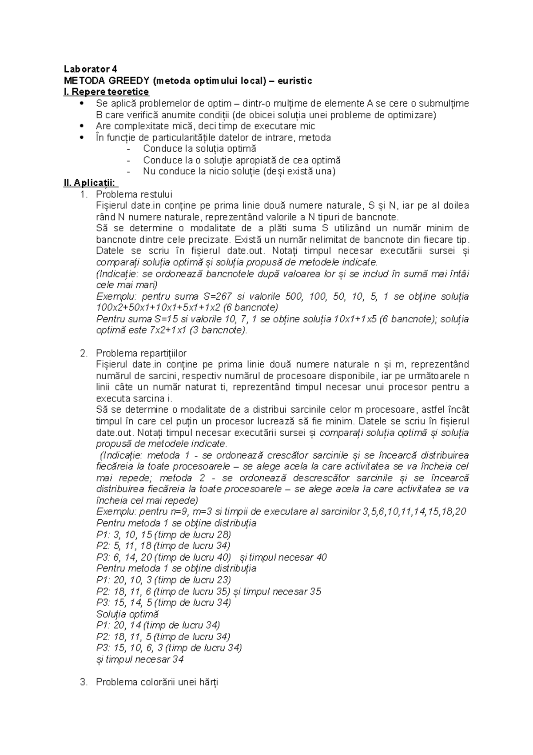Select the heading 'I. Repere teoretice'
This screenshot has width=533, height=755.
tap(106, 92)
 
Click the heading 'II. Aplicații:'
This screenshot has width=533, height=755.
tap(91, 183)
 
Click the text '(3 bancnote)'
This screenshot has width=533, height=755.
tap(222, 330)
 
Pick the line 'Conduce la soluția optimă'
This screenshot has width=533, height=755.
tap(199, 149)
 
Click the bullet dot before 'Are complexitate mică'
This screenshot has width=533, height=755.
tap(80, 126)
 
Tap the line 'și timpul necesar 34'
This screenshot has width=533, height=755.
tap(140, 659)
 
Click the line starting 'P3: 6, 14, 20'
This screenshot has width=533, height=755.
tap(163, 557)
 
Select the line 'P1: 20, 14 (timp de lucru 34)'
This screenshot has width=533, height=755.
tap(158, 625)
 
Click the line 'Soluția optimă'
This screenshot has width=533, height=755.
tap(127, 614)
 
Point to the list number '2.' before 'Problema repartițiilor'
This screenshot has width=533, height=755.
tap(84, 353)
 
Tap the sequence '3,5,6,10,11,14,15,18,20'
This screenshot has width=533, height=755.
tap(414, 512)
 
